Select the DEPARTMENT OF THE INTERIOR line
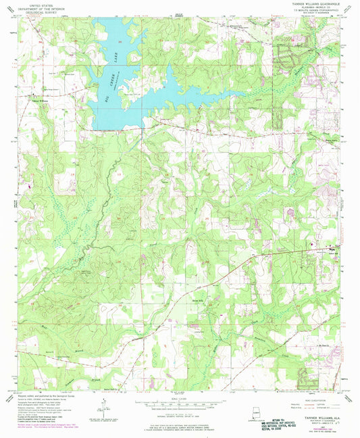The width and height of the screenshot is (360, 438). pos(30,7)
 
